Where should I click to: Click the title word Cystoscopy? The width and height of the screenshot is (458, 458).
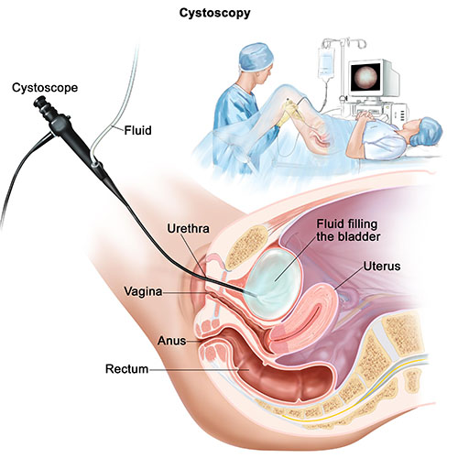[x=214, y=14]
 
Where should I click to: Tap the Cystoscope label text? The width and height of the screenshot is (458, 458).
[x=45, y=88]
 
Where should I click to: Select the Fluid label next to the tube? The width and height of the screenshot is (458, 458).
[x=137, y=130]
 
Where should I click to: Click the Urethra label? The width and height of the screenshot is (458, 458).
[x=188, y=229]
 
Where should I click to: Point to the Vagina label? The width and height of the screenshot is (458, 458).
[x=143, y=291]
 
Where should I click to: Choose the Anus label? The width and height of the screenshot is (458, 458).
[x=172, y=341]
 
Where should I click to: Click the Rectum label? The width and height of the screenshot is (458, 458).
[x=126, y=369]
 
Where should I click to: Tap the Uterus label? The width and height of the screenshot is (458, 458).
[x=382, y=267]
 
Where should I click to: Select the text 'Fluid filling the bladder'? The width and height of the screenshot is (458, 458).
[x=348, y=230]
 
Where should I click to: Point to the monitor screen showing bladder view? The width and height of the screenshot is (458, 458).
[x=365, y=76]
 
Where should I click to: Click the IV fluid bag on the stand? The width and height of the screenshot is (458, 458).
[x=326, y=62]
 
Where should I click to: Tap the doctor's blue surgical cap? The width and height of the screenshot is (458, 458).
[x=256, y=57]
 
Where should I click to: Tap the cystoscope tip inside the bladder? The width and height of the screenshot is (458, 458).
[x=245, y=291]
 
